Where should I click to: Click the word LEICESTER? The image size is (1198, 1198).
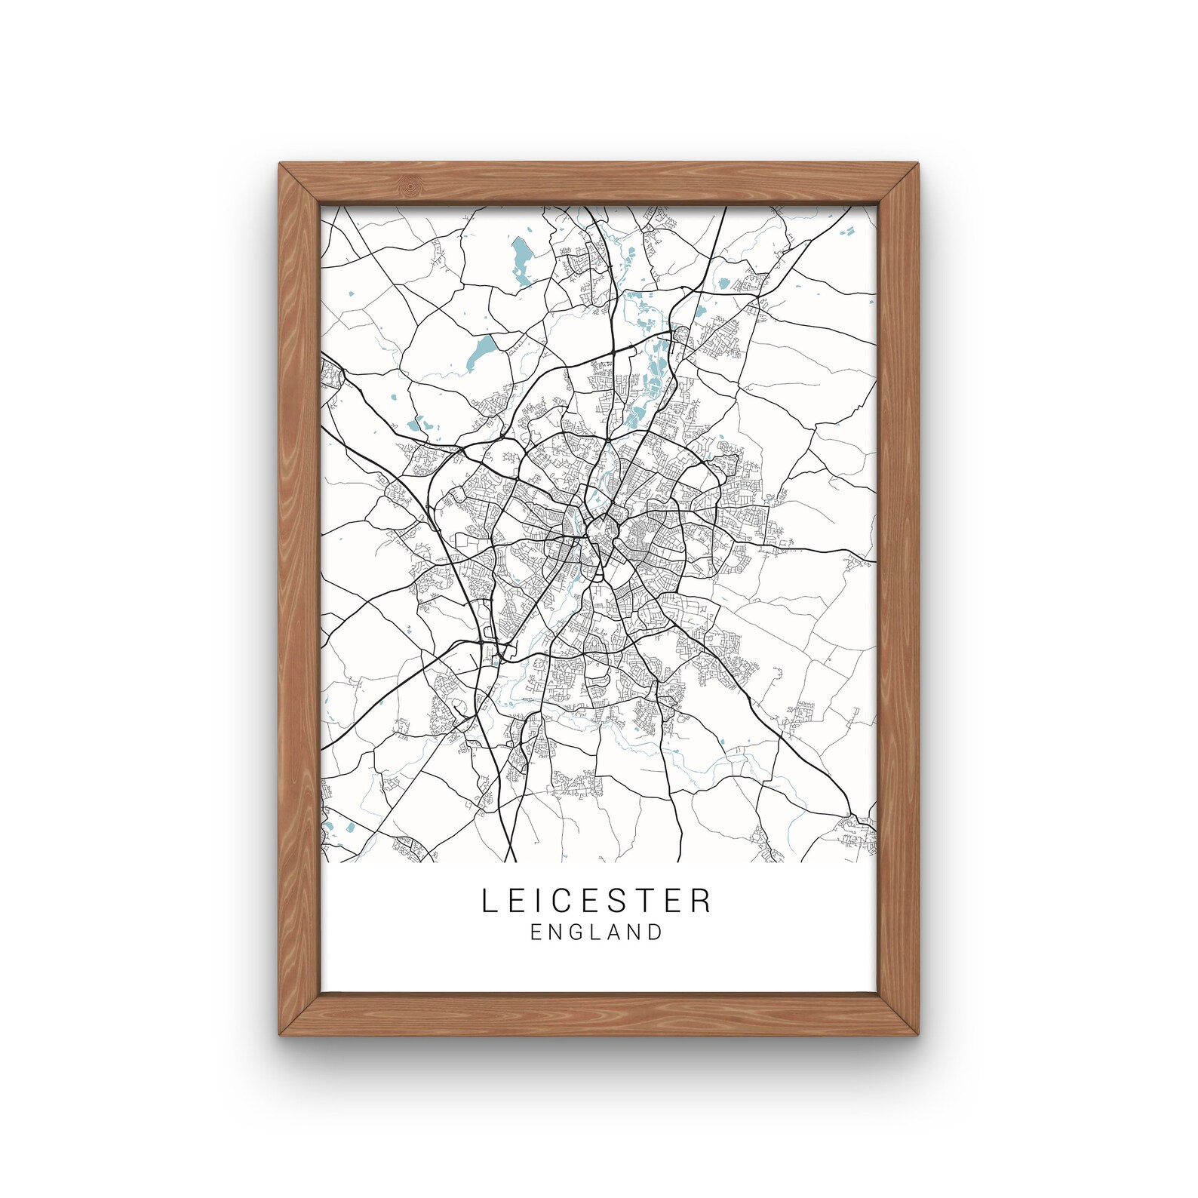tap(596, 901)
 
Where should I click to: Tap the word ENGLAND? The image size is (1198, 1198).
tap(596, 932)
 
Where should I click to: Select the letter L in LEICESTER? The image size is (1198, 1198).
tap(488, 901)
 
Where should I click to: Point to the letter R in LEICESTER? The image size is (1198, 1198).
tap(702, 901)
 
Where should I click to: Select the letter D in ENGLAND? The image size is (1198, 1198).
tap(655, 932)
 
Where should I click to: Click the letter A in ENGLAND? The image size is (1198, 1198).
tap(615, 932)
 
